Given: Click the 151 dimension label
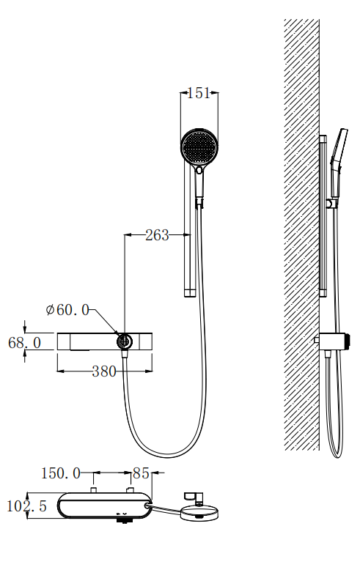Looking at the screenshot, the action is [x=199, y=93].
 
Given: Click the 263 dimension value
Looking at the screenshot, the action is [x=157, y=235].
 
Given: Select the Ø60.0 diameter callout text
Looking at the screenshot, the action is [x=67, y=310].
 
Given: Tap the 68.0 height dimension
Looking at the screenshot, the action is [x=24, y=343].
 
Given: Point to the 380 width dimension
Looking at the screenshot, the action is [x=103, y=371].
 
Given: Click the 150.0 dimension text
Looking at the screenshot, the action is [x=60, y=473].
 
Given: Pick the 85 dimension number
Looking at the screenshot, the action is [x=141, y=473].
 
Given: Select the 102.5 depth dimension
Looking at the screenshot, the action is [x=27, y=506].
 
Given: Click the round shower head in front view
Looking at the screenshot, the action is [x=199, y=147].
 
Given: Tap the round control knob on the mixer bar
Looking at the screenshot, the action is [x=125, y=341].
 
